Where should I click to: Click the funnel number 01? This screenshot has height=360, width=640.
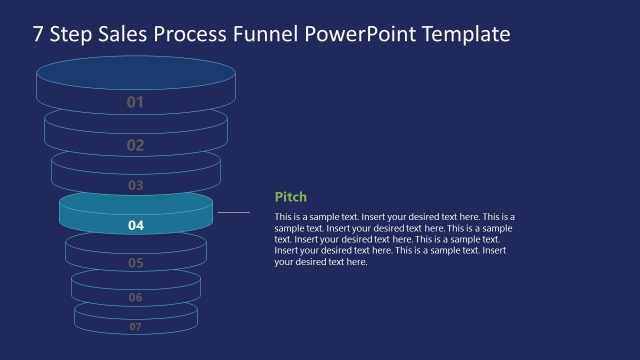(135, 102)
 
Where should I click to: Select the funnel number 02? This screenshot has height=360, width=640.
(135, 145)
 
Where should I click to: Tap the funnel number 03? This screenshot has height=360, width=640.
(135, 185)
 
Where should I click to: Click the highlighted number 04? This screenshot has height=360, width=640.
(136, 226)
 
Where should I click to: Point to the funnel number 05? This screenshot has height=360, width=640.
(136, 263)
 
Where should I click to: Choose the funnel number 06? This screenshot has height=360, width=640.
(136, 297)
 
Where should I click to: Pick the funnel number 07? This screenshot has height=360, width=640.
(136, 326)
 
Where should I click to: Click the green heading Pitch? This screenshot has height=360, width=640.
(290, 197)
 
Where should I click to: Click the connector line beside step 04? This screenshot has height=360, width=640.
(233, 212)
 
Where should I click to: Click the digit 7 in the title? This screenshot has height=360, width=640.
(38, 35)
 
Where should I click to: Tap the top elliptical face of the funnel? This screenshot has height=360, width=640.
(135, 73)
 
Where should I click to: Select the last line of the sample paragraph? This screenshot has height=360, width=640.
(321, 262)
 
